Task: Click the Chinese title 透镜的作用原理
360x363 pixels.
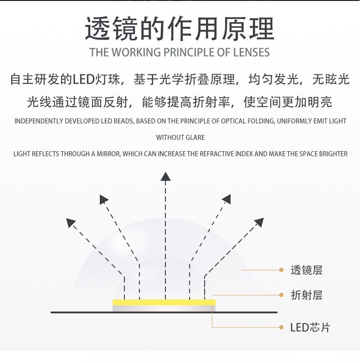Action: click(180, 28)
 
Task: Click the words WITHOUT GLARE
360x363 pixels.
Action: click(180, 138)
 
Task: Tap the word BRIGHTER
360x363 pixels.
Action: click(329, 154)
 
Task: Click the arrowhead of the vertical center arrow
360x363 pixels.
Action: click(166, 176)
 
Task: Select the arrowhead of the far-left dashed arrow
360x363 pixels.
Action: click(71, 223)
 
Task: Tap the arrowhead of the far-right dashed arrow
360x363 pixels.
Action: click(259, 222)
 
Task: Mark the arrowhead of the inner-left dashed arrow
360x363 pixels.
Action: click(104, 199)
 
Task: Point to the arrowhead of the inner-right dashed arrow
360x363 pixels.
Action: click(226, 199)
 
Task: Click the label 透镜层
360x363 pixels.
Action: click(306, 270)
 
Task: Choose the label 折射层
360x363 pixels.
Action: click(306, 295)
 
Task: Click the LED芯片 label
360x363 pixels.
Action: click(310, 327)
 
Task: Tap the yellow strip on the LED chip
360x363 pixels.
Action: click(164, 302)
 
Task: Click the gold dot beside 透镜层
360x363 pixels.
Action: click(281, 270)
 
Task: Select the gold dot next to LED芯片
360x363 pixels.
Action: click(281, 327)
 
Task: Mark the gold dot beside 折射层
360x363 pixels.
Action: click(281, 295)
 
